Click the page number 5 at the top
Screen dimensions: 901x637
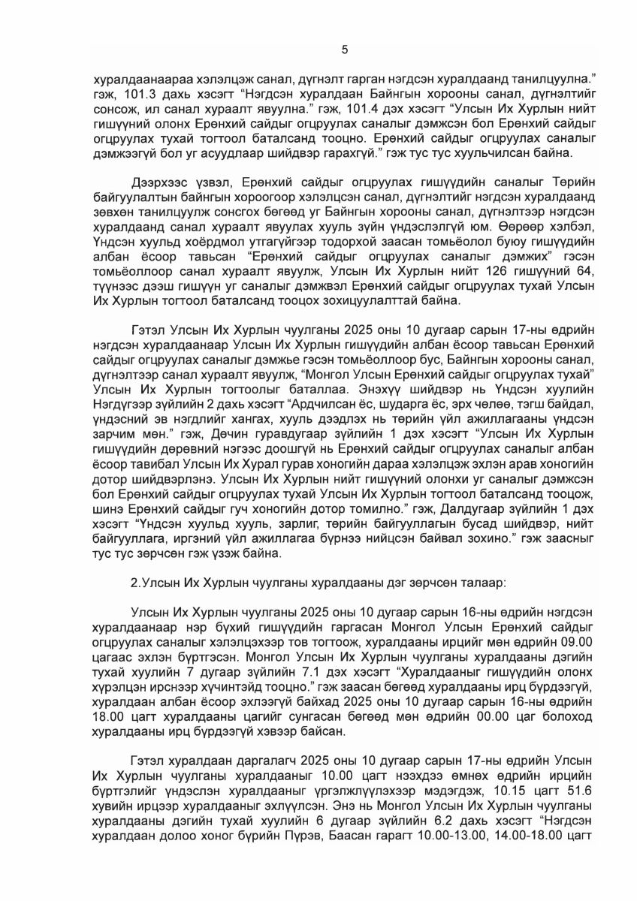[345, 50]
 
